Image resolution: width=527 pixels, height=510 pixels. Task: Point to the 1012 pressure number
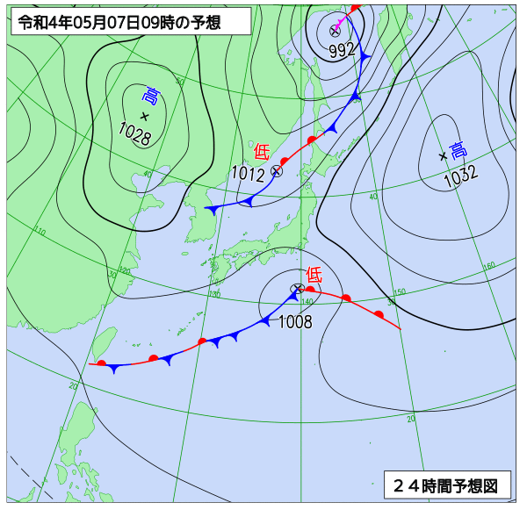click(249, 174)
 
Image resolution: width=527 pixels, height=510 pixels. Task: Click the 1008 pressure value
click(295, 322)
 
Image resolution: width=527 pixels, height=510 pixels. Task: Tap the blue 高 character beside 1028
click(152, 96)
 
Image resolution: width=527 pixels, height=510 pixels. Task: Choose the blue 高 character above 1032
click(457, 150)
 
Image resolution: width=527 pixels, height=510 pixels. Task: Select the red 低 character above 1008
click(314, 275)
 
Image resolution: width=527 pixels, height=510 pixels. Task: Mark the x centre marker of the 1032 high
click(443, 157)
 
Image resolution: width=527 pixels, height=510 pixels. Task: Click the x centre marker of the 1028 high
click(145, 116)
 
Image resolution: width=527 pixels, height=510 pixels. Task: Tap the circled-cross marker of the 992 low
click(335, 31)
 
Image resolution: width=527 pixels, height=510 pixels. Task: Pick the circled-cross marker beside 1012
click(277, 171)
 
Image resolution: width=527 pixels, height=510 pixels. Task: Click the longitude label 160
click(489, 265)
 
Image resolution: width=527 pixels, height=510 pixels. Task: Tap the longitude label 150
click(399, 291)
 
